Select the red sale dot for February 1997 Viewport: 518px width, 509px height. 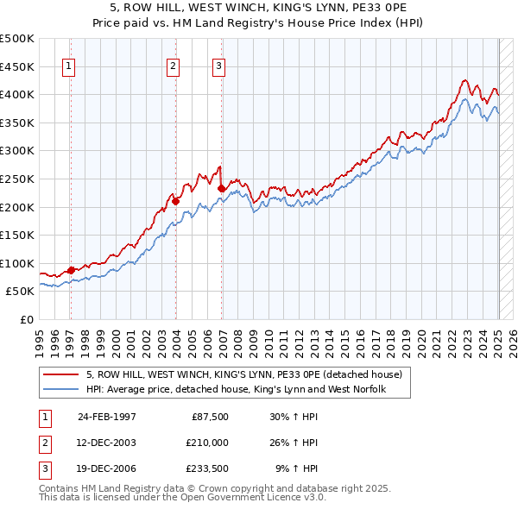pos(71,270)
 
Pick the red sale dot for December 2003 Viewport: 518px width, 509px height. pos(175,201)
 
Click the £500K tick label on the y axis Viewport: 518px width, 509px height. pos(17,39)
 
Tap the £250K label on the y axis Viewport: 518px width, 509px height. pos(17,179)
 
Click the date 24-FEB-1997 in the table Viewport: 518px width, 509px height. pos(107,416)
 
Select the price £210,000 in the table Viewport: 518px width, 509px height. pos(207,443)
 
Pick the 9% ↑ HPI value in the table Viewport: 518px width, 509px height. pos(297,469)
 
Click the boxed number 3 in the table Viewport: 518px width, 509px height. pos(44,469)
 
